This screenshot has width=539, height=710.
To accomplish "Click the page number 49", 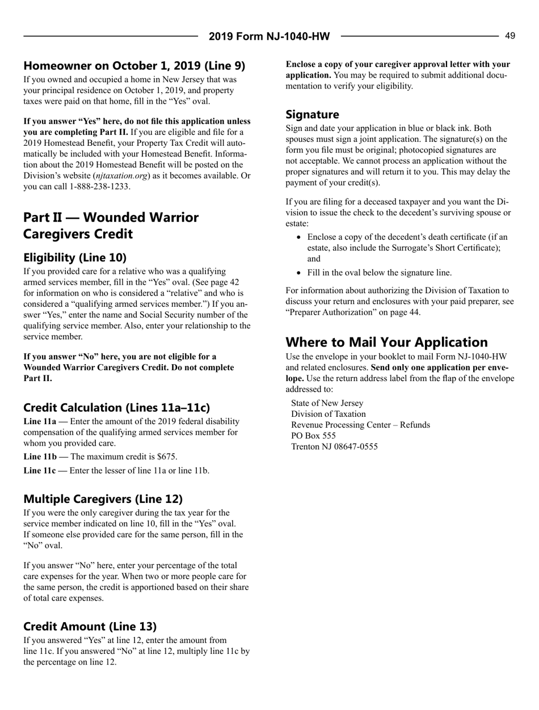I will (x=510, y=36).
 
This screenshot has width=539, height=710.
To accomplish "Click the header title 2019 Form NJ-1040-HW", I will (x=269, y=37).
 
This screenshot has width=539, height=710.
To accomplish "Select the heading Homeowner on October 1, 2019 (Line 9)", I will (x=134, y=65).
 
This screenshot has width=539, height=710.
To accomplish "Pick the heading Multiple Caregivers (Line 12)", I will (x=103, y=499).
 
